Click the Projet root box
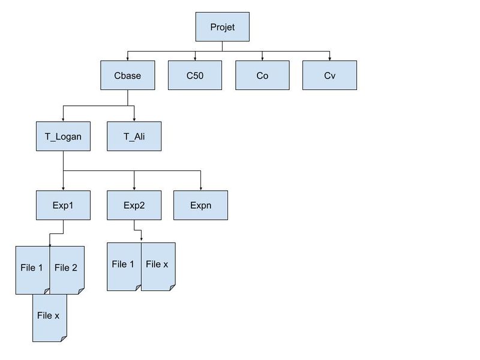222,27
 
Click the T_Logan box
63,136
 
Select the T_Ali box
134,136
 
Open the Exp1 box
63,205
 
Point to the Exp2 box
134,205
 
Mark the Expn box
200,205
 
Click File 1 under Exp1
32,268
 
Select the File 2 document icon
66,268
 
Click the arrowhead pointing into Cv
329,59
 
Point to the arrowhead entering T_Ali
134,119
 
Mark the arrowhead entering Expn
200,188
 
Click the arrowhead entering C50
195,59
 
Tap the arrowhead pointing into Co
262,59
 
